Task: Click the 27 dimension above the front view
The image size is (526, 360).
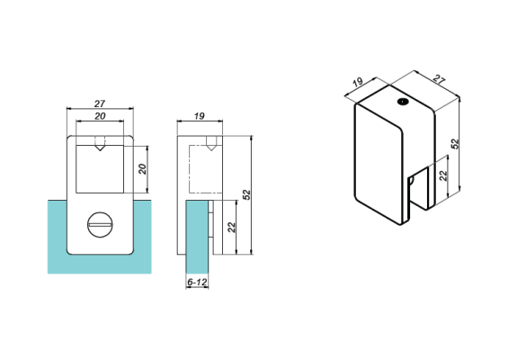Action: [100, 103]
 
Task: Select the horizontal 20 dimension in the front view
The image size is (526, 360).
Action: [100, 116]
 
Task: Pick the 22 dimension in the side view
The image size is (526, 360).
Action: [232, 228]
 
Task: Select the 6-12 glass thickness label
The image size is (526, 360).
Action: [197, 283]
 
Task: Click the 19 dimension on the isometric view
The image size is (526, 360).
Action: [358, 83]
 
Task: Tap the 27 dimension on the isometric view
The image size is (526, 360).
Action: [438, 80]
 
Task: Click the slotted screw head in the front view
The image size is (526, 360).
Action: [100, 224]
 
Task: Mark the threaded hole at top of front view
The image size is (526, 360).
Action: [101, 142]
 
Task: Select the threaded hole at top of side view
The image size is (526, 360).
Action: [209, 142]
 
